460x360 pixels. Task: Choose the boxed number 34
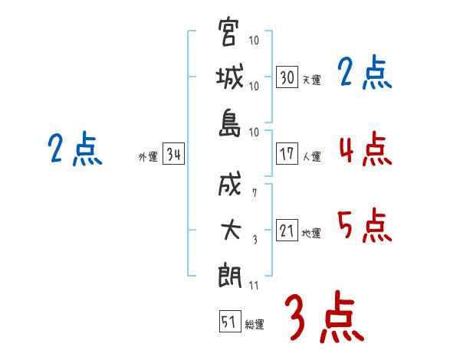pyautogui.click(x=173, y=155)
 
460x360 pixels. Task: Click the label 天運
pyautogui.click(x=311, y=80)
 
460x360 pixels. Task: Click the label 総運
pyautogui.click(x=255, y=324)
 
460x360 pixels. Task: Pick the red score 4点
pyautogui.click(x=365, y=149)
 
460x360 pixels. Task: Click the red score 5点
pyautogui.click(x=365, y=225)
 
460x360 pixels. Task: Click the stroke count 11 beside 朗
pyautogui.click(x=253, y=286)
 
